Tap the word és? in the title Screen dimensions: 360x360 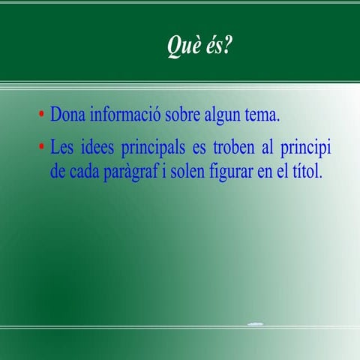pos(217,46)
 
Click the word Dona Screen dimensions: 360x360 pos(68,116)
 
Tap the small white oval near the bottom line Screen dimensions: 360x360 pos(256,324)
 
